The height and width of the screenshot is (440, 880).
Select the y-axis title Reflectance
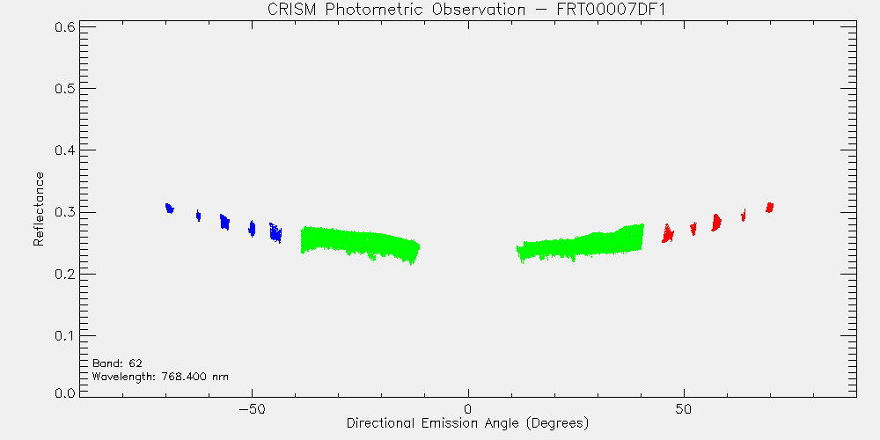[38, 209]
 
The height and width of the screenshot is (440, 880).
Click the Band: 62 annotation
[117, 363]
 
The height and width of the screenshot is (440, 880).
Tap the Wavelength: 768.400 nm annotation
[160, 376]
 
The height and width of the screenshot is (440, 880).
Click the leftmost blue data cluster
[170, 209]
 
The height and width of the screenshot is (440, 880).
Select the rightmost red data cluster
[769, 208]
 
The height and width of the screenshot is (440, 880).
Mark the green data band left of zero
[359, 245]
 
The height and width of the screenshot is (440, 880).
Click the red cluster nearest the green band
[668, 233]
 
